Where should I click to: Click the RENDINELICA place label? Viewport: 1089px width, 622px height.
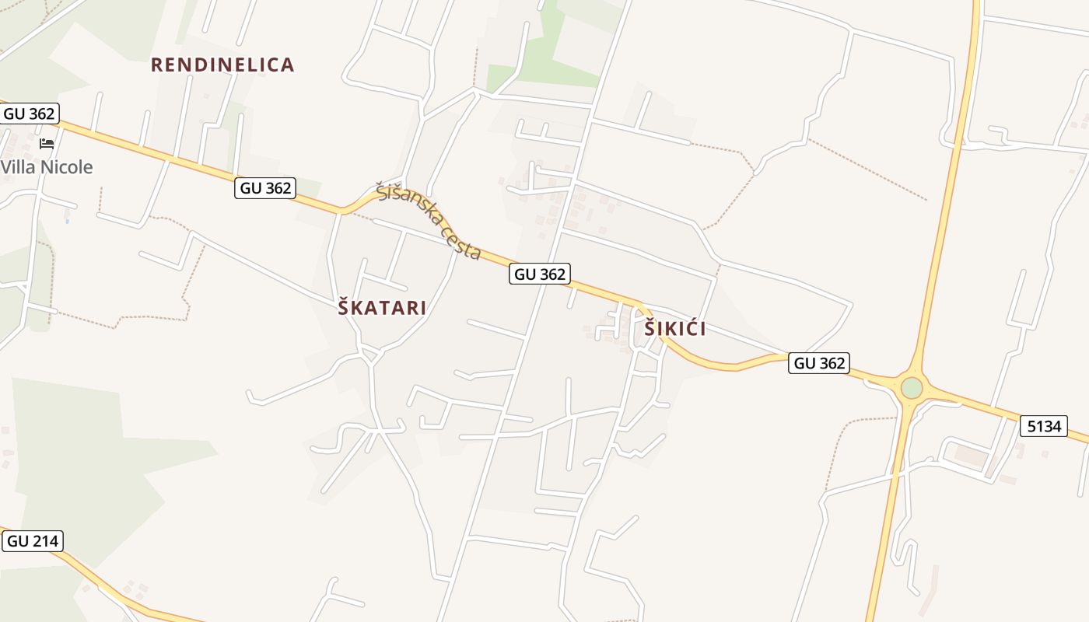[x=222, y=65]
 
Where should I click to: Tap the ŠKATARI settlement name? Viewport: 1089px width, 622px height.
[x=382, y=308]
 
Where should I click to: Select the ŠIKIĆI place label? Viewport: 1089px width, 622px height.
[x=675, y=329]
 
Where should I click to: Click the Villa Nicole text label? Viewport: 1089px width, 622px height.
[x=47, y=167]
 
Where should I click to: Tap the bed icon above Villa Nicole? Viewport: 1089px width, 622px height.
[x=47, y=144]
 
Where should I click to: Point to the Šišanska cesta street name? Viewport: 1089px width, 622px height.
[x=428, y=220]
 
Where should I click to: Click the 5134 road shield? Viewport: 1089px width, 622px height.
[x=1044, y=426]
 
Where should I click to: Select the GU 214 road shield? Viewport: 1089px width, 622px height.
[x=33, y=541]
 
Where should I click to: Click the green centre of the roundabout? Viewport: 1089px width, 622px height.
[x=911, y=387]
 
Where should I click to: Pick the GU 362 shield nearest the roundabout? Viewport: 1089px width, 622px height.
[x=818, y=363]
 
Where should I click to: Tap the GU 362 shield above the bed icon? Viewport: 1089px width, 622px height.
[x=30, y=114]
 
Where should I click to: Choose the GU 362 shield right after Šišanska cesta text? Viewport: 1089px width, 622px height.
[x=540, y=274]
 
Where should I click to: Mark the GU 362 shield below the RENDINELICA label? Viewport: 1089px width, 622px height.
[x=265, y=188]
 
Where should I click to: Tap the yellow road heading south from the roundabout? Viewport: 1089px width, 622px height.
[x=887, y=529]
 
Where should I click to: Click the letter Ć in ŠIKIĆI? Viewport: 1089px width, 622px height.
[x=692, y=329]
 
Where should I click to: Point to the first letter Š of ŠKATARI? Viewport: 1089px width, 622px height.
[x=344, y=308]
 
